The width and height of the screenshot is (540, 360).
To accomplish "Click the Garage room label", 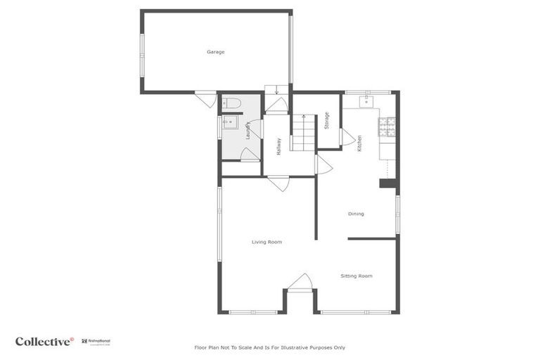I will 215,52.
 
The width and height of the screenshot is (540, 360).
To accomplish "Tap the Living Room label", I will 266,242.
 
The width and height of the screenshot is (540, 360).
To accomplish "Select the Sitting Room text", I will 356,276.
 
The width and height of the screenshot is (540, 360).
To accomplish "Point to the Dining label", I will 356,214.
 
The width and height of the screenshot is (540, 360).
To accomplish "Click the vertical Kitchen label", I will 359,143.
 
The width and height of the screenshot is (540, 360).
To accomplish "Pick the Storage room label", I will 327,120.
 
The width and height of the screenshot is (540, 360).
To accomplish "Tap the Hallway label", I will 279,146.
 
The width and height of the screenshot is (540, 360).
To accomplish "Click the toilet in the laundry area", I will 232,103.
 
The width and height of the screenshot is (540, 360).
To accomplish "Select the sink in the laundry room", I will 229,123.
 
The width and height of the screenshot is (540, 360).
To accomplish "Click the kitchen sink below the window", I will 366,102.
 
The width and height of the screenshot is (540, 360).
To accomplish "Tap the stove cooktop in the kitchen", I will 387,127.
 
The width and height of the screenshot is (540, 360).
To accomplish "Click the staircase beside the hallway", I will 304,134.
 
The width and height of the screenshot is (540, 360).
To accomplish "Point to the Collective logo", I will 44,341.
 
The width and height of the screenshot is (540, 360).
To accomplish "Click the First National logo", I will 96,342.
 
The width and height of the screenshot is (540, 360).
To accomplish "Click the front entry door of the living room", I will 300,282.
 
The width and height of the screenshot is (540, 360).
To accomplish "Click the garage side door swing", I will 207,99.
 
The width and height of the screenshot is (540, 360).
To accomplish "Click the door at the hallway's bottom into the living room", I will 278,183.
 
